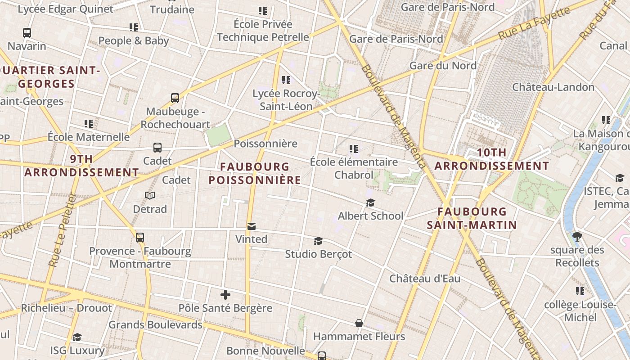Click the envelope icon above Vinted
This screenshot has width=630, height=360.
point(251,226)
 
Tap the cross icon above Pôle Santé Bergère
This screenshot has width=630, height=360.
point(225,295)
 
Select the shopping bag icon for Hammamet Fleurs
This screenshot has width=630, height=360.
point(359,323)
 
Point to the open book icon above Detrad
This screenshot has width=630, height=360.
point(150,195)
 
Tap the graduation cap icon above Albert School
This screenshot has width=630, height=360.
point(370,202)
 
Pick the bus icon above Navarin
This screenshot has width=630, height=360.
point(27,33)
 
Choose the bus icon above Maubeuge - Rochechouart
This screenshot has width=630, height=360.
point(175,98)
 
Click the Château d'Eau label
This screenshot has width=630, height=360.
point(425,279)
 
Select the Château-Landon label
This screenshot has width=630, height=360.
point(553,87)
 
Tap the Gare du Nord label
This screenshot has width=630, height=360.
point(443,66)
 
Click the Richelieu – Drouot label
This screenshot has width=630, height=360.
point(67,308)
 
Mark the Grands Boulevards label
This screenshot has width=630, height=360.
point(155,324)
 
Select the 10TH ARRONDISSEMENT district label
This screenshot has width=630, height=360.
point(491,159)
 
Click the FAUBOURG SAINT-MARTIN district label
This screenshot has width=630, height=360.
point(472,218)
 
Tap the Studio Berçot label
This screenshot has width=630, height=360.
point(319,254)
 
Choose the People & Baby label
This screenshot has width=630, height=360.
point(134,40)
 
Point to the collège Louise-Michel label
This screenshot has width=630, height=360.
point(580,311)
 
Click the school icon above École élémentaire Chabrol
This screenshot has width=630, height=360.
point(354,148)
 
